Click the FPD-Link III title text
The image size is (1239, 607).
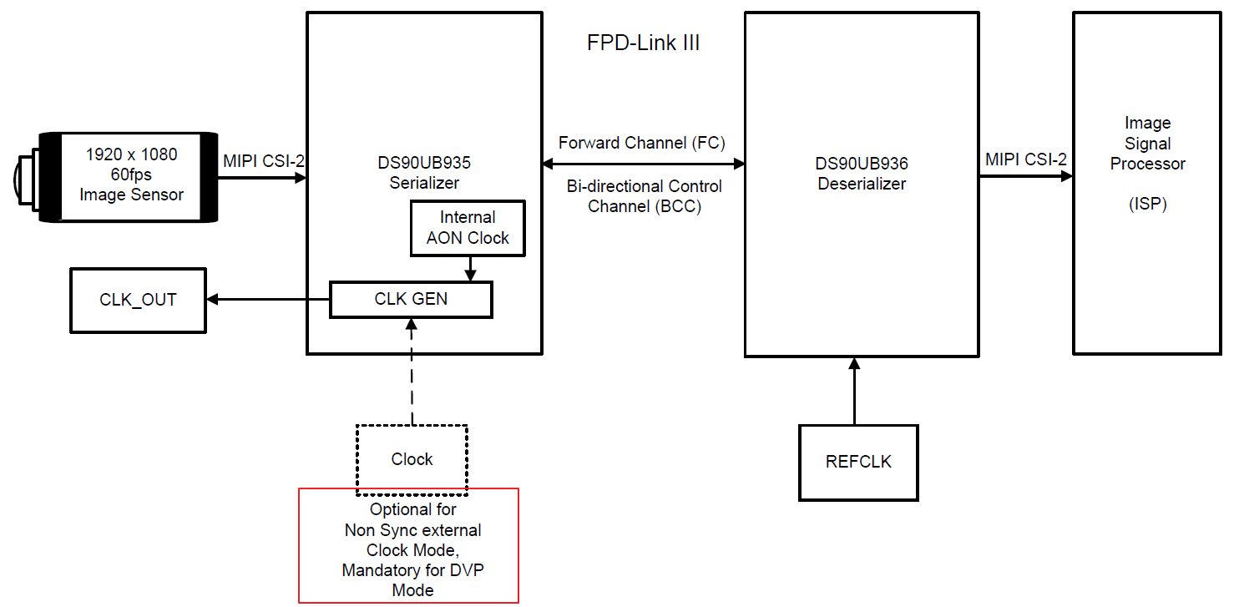(643, 43)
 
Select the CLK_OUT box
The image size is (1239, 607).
(138, 300)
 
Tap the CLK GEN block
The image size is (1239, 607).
(411, 299)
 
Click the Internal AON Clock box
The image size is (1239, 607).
(468, 228)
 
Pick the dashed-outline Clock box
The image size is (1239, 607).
(412, 459)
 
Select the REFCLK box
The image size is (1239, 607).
(858, 462)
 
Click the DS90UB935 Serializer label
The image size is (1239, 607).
(424, 173)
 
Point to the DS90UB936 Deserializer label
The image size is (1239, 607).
(862, 174)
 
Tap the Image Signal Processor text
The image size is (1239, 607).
(1147, 144)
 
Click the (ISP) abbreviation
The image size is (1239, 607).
(1147, 204)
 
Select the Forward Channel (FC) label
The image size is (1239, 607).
(642, 143)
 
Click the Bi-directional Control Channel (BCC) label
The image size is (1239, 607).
(644, 196)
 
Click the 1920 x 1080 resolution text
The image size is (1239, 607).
(132, 154)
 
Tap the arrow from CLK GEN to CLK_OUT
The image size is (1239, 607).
(267, 299)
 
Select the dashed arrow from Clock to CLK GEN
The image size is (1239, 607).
(412, 372)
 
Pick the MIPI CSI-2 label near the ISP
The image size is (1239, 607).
(1025, 159)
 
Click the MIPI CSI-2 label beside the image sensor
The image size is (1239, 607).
(263, 159)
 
